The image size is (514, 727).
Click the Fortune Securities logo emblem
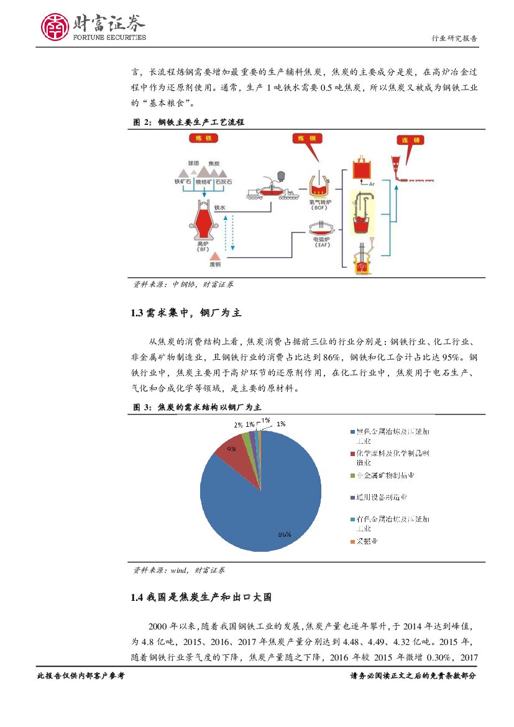coord(55,26)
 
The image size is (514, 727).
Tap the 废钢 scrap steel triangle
coord(215,256)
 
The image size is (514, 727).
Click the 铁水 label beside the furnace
coord(219,208)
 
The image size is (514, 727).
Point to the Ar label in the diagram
coord(371,185)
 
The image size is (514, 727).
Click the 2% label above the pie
coord(237,425)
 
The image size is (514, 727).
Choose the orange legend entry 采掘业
coord(367,541)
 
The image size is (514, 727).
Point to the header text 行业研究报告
coord(454,39)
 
